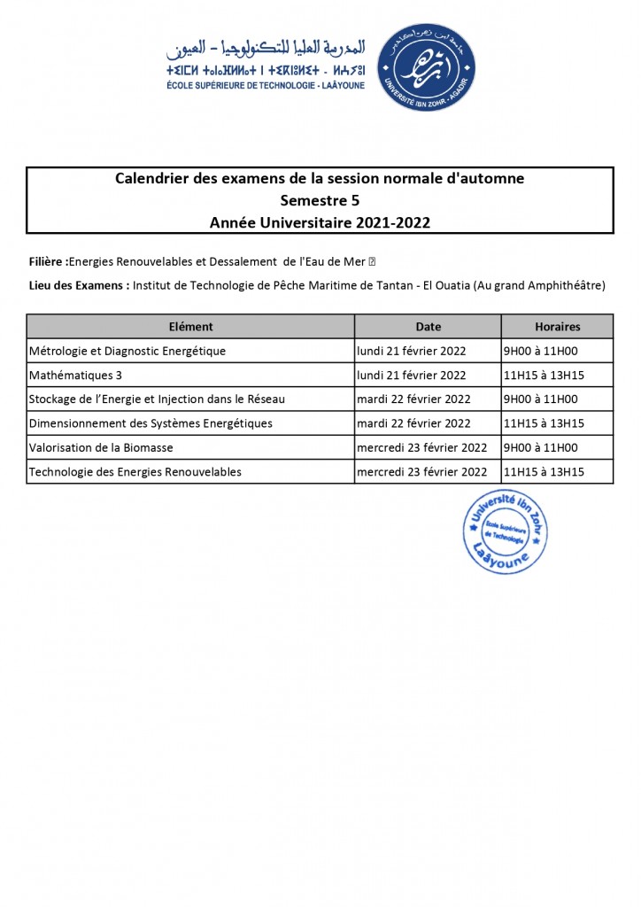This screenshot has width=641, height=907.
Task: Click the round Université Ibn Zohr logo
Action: (x=426, y=67)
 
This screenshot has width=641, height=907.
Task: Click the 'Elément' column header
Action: (x=190, y=327)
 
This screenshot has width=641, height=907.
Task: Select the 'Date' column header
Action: (x=428, y=327)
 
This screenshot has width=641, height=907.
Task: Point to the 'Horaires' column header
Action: (x=557, y=327)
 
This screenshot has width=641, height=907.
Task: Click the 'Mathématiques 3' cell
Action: (x=75, y=375)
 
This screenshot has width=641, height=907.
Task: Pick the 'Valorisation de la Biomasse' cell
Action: (x=101, y=447)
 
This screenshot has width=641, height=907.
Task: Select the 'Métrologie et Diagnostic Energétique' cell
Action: (x=127, y=351)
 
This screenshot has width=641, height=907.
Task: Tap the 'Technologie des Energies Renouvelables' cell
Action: (x=135, y=472)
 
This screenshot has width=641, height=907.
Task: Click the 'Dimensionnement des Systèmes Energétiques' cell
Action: (x=151, y=423)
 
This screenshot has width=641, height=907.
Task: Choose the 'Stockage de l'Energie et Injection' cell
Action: (x=157, y=399)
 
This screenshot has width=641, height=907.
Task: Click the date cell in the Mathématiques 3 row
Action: (x=411, y=375)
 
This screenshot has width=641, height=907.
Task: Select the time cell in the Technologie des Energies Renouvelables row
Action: (x=544, y=472)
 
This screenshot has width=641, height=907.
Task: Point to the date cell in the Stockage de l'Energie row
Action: (x=413, y=399)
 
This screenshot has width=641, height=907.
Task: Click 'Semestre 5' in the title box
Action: (x=320, y=200)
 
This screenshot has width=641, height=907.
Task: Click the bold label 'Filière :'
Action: (x=48, y=261)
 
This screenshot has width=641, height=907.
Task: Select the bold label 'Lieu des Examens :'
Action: (x=79, y=285)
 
